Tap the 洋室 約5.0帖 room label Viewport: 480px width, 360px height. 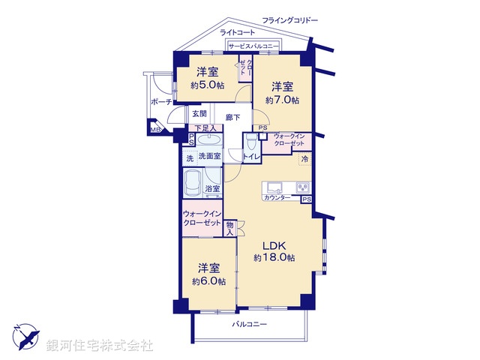[x=208, y=78]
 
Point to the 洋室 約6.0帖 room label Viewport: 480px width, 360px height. [x=208, y=274]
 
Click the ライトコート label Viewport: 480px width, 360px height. [x=237, y=32]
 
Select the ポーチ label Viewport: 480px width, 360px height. [x=161, y=102]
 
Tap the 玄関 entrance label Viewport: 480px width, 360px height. [x=198, y=114]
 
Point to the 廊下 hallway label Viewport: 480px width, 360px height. [x=232, y=118]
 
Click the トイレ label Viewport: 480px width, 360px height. [x=251, y=156]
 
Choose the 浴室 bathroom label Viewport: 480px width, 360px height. [x=212, y=188]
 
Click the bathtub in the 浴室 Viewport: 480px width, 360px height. [x=192, y=181]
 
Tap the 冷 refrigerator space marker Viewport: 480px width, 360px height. [x=305, y=159]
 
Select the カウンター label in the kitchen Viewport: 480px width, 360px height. [x=277, y=197]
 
